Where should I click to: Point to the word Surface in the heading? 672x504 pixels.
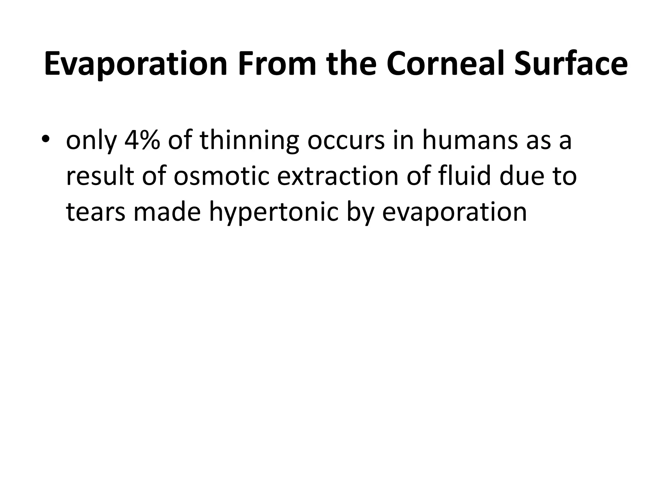coord(571,64)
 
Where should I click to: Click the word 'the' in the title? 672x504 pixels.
coord(351,64)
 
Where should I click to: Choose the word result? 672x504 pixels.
coord(100,176)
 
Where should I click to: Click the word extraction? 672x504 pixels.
coord(338,176)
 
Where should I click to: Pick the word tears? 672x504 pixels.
coord(95,212)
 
